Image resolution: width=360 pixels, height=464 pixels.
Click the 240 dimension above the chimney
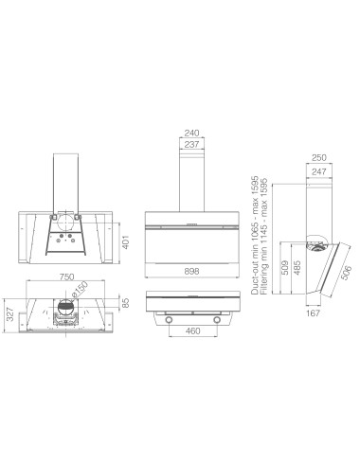point(191,133)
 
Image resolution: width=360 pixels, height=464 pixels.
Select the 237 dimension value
point(191,145)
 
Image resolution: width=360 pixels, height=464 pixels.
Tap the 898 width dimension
point(191,271)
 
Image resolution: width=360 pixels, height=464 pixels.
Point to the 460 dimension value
point(193,330)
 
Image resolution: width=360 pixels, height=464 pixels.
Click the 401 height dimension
point(126,241)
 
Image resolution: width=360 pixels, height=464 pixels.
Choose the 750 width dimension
point(66,277)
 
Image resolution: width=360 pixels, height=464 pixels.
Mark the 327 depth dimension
point(10,314)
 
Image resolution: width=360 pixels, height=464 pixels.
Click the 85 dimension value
point(126,303)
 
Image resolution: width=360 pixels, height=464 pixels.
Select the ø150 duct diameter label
point(79,290)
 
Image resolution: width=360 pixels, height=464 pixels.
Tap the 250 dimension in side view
point(319,157)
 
